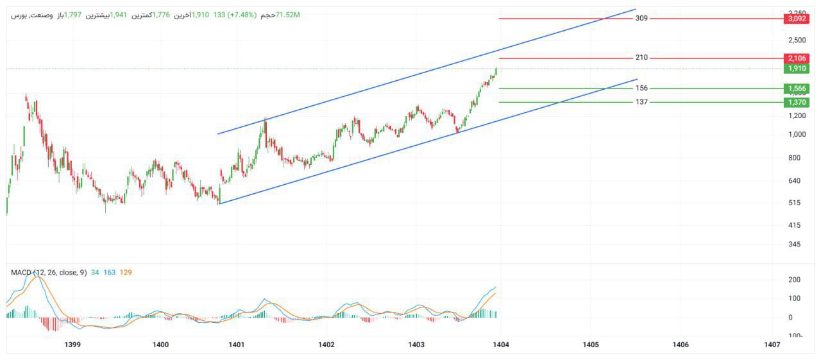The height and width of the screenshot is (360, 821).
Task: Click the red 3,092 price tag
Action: click(x=796, y=19)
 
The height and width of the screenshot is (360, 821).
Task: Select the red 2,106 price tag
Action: click(x=796, y=58)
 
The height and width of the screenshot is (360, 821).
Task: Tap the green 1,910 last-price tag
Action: click(x=796, y=69)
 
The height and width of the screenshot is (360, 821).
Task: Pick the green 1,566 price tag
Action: click(x=796, y=89)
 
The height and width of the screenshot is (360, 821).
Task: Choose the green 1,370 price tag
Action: click(x=796, y=103)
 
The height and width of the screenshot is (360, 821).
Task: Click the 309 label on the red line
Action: click(x=641, y=19)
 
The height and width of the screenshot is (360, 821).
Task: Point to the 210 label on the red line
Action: click(x=641, y=58)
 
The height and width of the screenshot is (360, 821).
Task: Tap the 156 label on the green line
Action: click(x=641, y=88)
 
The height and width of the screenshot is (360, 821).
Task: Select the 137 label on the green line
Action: click(x=641, y=102)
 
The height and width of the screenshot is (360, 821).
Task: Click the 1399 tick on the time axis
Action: click(x=72, y=345)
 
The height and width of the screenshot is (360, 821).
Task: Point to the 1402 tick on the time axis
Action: click(x=326, y=345)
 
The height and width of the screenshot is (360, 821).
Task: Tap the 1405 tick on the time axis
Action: click(x=591, y=345)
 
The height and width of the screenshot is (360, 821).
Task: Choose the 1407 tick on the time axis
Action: click(x=772, y=345)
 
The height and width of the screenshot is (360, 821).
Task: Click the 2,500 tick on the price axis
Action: click(x=797, y=40)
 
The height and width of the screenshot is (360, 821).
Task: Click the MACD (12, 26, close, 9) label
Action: click(x=49, y=273)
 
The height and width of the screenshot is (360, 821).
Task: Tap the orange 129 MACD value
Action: click(x=126, y=273)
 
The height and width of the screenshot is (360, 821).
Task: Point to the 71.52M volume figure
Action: click(x=287, y=15)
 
